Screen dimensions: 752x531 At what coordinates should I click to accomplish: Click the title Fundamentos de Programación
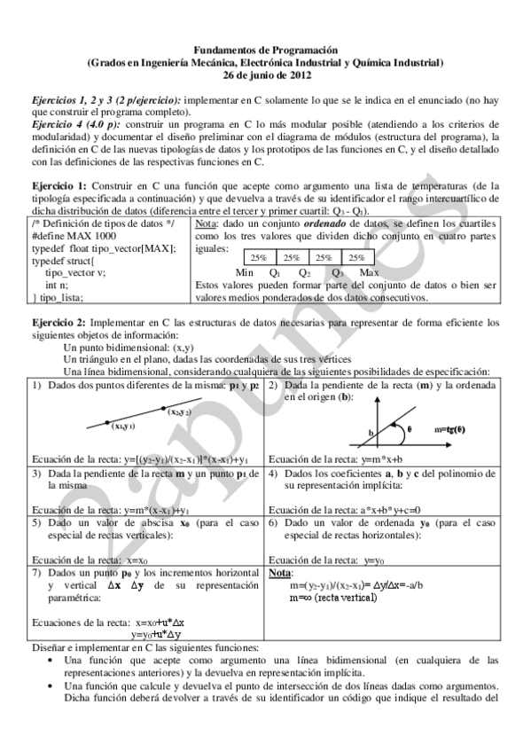[265, 52]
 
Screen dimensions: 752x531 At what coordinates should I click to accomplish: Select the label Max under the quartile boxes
[370, 272]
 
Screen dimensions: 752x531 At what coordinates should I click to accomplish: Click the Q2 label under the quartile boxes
[305, 272]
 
